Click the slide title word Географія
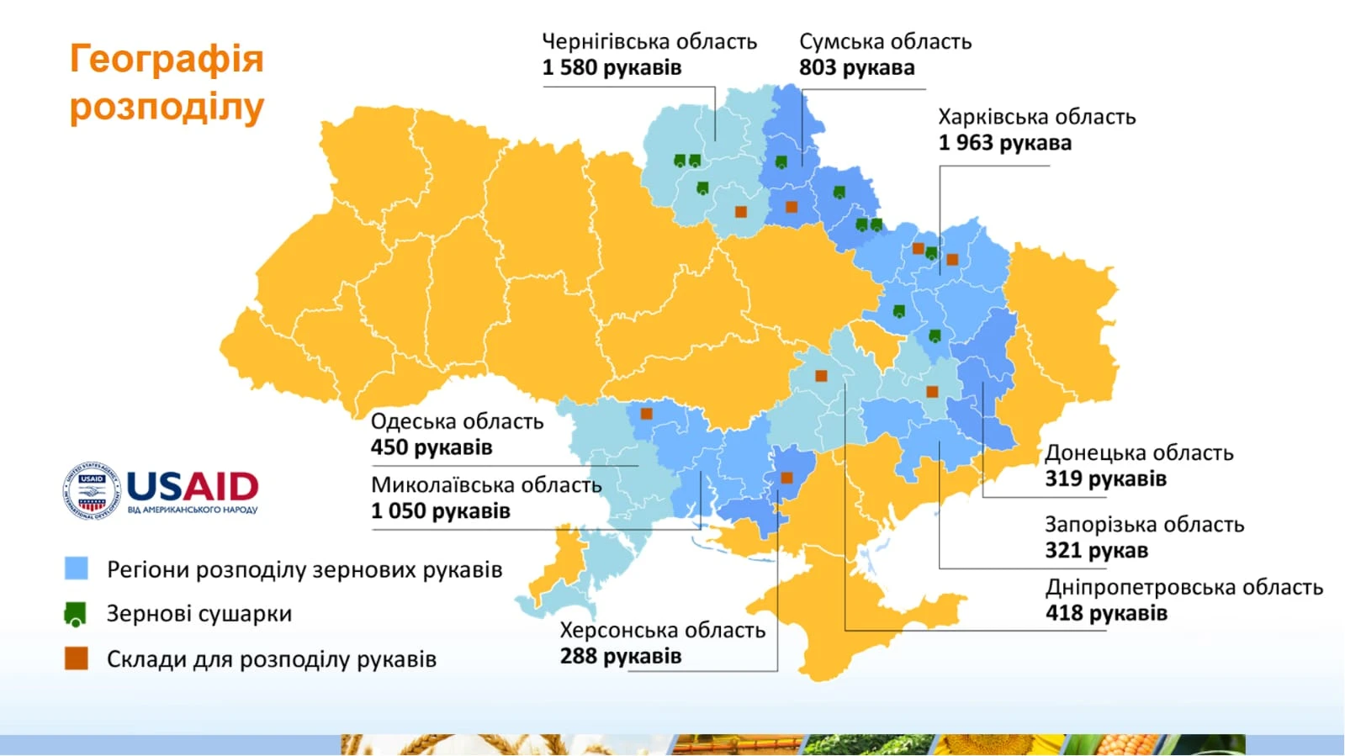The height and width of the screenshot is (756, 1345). point(167,59)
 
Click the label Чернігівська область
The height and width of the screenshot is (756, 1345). point(649,41)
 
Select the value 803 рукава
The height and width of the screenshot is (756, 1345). point(856,68)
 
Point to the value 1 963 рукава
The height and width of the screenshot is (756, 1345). point(1004,143)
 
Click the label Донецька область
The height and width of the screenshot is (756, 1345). point(1138,452)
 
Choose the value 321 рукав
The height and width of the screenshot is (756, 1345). point(1096,551)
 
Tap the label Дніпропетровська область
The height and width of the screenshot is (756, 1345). point(1183,587)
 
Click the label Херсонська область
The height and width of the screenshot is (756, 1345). point(662,630)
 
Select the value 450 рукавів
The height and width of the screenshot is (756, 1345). point(431,447)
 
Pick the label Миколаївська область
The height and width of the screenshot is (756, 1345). point(486,485)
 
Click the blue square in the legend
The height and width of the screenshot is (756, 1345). point(77,568)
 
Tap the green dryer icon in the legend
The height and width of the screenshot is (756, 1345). point(76,615)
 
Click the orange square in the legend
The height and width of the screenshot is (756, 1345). point(77,658)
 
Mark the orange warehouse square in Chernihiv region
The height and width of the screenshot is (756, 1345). point(740,212)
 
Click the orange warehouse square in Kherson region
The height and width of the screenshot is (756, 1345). point(786,478)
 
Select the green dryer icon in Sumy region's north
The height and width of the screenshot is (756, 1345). point(781,161)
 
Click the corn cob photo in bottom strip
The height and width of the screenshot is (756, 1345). point(1119,744)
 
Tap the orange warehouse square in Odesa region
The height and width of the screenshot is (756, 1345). point(646,414)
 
